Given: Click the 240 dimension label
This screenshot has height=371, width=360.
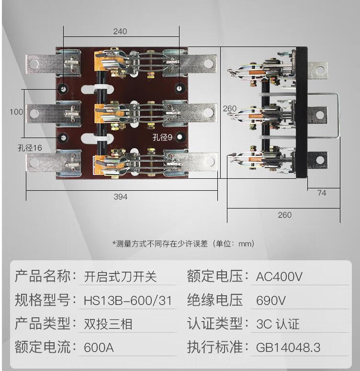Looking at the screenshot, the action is click(120, 32).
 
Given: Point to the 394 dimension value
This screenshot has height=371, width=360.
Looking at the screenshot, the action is click(120, 197).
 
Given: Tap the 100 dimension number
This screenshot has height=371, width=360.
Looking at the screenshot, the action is click(16, 112).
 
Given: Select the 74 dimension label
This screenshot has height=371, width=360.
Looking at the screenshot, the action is click(321, 193).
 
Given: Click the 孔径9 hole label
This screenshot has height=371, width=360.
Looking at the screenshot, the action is click(162, 138).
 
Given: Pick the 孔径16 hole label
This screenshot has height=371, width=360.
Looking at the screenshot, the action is click(30, 148).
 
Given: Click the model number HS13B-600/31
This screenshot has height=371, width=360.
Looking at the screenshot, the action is click(127, 301).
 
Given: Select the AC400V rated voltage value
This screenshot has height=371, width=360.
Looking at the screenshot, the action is click(280, 277).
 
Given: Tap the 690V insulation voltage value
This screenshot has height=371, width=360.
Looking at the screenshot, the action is click(271, 301).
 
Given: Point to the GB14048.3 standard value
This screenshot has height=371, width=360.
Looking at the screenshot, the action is click(295, 347).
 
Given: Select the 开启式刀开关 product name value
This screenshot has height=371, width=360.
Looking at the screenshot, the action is click(120, 277).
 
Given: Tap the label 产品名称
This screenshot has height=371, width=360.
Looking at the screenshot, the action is click(43, 277).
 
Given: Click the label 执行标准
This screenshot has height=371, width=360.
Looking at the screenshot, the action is click(215, 347).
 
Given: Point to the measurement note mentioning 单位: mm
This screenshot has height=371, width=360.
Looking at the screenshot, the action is click(183, 244).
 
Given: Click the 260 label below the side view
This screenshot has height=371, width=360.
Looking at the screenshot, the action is click(284, 215).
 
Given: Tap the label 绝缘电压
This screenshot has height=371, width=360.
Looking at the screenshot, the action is click(215, 301).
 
